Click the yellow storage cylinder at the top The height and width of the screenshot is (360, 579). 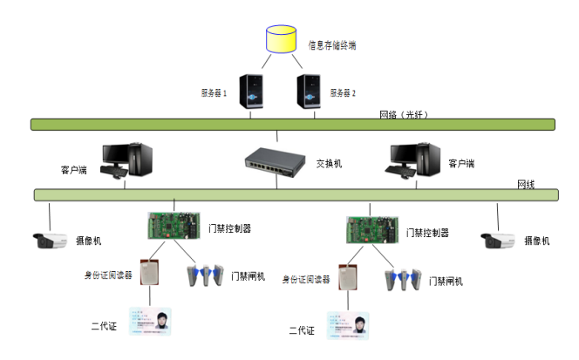[x=280, y=40]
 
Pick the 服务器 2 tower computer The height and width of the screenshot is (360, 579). [x=307, y=93]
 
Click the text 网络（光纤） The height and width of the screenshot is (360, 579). [x=404, y=114]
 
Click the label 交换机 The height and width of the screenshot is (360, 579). [x=328, y=163]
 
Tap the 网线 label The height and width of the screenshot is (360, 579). [x=526, y=185]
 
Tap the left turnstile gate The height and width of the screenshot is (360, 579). [x=206, y=275]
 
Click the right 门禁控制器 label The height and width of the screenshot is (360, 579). [x=427, y=233]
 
